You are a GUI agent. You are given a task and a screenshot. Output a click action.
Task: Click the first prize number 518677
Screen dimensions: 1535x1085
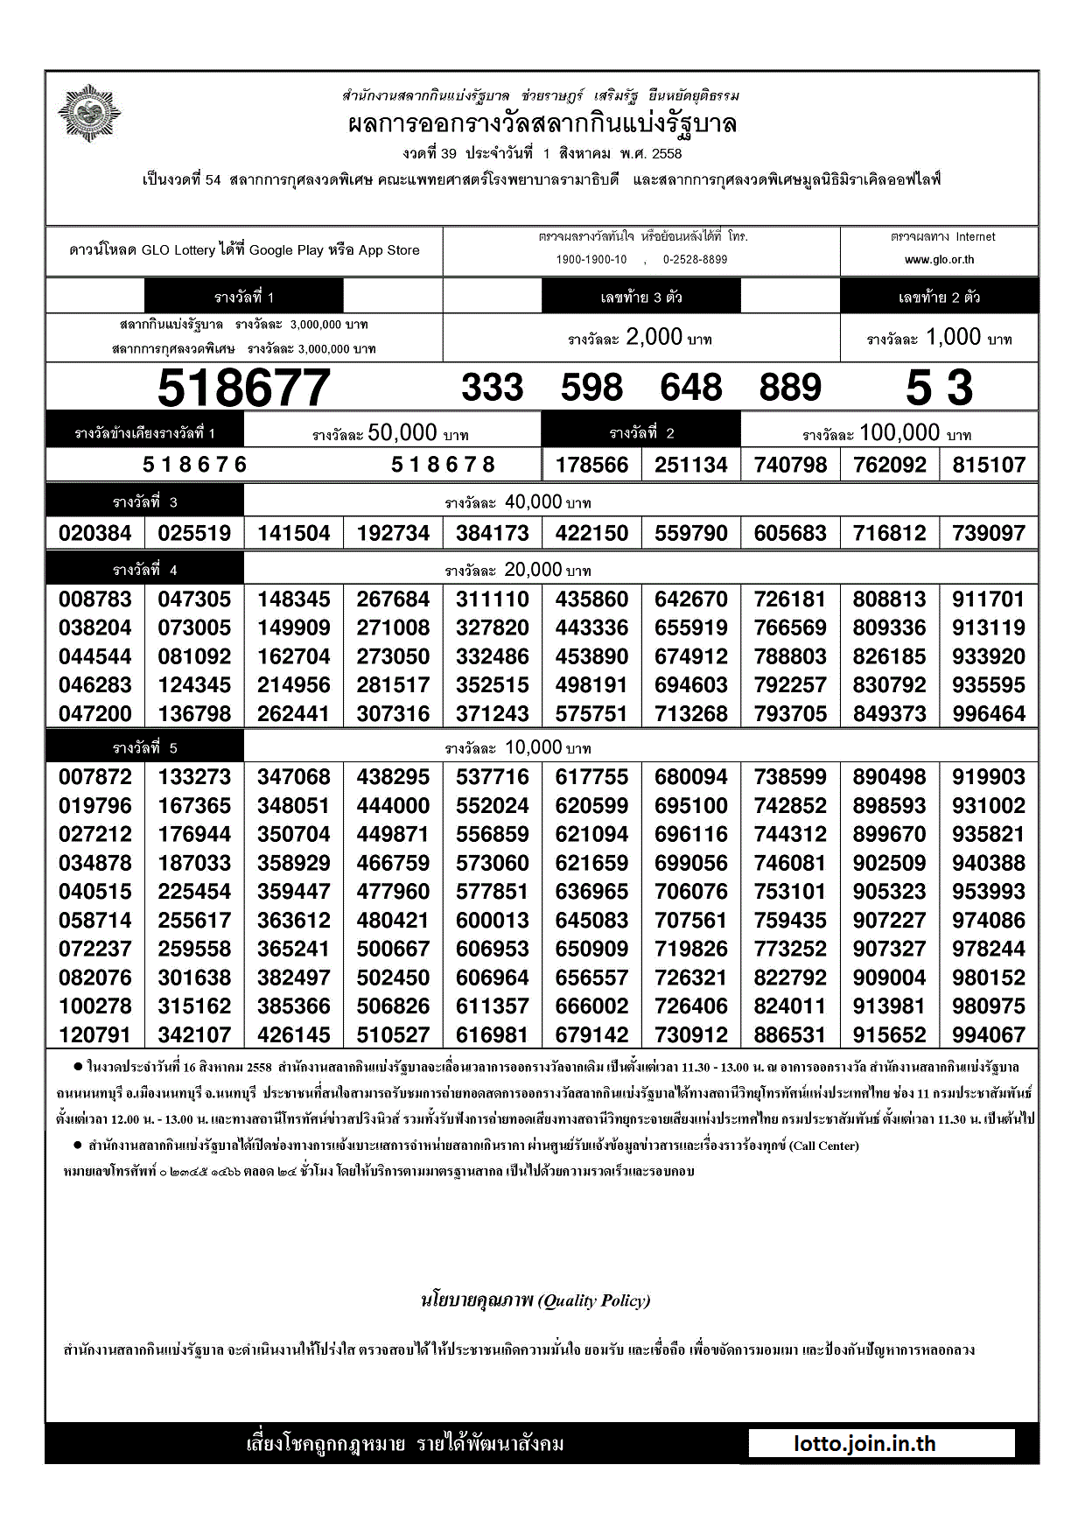(243, 388)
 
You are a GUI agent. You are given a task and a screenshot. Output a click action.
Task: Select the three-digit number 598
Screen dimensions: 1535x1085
(591, 388)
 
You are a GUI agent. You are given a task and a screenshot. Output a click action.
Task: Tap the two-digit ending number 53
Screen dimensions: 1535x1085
(939, 388)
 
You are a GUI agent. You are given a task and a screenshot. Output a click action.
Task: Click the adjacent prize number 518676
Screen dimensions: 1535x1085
(195, 465)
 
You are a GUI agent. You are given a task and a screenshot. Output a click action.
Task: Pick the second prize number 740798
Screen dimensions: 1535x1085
(790, 465)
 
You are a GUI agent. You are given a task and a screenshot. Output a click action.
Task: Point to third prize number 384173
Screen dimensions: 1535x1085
(492, 533)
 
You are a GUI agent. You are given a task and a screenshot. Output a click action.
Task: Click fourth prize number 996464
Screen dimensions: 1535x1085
(989, 714)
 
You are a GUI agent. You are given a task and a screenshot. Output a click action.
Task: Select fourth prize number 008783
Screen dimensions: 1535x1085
(95, 599)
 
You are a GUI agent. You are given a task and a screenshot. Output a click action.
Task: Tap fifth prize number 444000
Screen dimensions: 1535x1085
(393, 806)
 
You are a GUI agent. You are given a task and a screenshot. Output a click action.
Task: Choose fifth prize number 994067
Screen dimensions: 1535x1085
(989, 1035)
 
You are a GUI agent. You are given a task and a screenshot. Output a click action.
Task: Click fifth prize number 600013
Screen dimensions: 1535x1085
(492, 921)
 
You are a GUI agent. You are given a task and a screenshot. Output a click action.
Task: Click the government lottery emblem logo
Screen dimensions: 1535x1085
(88, 113)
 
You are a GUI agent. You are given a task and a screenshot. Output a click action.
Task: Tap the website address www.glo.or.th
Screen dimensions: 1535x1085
(939, 260)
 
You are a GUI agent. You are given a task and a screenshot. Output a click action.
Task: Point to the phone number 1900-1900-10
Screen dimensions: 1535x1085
(591, 260)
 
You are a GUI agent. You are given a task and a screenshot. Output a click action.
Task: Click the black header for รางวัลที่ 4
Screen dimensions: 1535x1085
(145, 571)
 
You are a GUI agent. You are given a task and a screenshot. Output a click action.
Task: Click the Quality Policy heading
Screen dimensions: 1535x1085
(535, 1300)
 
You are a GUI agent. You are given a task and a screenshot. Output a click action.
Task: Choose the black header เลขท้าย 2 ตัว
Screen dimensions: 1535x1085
(939, 298)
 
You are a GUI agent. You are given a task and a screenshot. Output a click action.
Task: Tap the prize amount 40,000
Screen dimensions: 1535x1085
(533, 502)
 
